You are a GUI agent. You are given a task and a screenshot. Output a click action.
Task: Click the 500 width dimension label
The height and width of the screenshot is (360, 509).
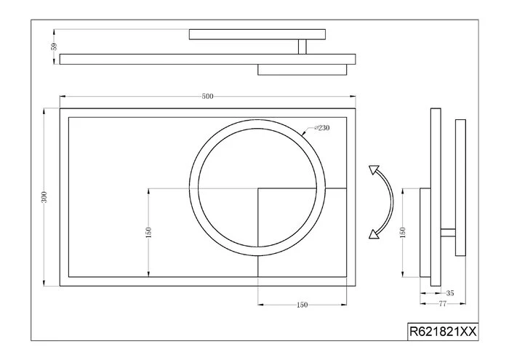tap(207, 97)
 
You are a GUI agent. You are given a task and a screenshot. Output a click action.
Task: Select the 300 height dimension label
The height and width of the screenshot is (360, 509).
tap(44, 197)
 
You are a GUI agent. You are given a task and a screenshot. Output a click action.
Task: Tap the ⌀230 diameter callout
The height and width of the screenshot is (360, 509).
tap(321, 128)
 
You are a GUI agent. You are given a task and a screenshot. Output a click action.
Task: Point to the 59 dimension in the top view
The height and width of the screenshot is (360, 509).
tap(54, 47)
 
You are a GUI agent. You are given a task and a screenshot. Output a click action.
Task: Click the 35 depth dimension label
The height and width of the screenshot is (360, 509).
tap(450, 293)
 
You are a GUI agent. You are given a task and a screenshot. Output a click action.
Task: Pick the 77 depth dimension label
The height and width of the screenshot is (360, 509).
tap(442, 304)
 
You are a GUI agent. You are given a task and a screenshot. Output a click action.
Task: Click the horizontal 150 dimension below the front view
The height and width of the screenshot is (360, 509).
tap(302, 305)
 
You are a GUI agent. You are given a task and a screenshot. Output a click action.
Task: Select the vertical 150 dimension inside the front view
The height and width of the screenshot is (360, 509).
tap(148, 233)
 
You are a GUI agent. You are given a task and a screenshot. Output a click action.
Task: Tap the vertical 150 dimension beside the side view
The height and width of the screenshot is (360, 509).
tap(403, 233)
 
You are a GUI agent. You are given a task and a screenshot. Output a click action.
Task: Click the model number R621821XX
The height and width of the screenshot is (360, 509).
tap(443, 332)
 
